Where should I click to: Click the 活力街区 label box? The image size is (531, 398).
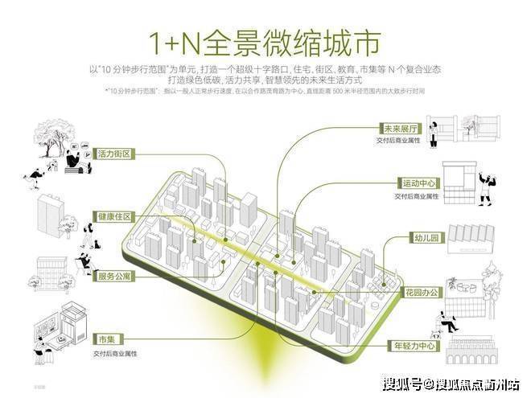(x=113, y=153)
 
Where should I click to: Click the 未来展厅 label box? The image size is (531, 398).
(x=398, y=129)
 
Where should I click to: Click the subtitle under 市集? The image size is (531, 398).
(x=120, y=352)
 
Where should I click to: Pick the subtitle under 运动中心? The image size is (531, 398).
(x=416, y=196)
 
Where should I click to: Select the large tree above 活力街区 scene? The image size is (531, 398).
(x=52, y=136)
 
